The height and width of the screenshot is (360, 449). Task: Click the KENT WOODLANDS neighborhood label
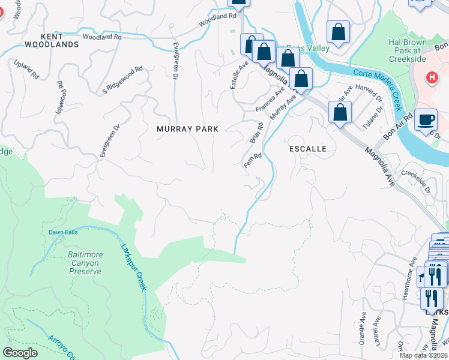pyautogui.click(x=52, y=41)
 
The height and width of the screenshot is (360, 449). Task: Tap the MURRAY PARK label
pyautogui.click(x=187, y=129)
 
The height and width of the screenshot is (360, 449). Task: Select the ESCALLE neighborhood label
pyautogui.click(x=308, y=148)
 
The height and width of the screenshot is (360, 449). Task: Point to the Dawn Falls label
pyautogui.click(x=60, y=233)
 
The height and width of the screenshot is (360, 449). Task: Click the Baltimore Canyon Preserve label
pyautogui.click(x=85, y=263)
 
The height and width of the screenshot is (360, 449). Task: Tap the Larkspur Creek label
pyautogui.click(x=133, y=266)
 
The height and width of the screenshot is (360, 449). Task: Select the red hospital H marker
pyautogui.click(x=430, y=77)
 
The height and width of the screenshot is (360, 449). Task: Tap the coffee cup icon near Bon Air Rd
pyautogui.click(x=426, y=119)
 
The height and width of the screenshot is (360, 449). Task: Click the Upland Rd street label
pyautogui.click(x=27, y=69)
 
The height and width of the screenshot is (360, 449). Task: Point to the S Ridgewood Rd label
pyautogui.click(x=122, y=79)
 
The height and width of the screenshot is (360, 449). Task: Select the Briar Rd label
pyautogui.click(x=257, y=133)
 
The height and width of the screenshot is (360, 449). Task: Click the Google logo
pyautogui.click(x=20, y=353)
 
